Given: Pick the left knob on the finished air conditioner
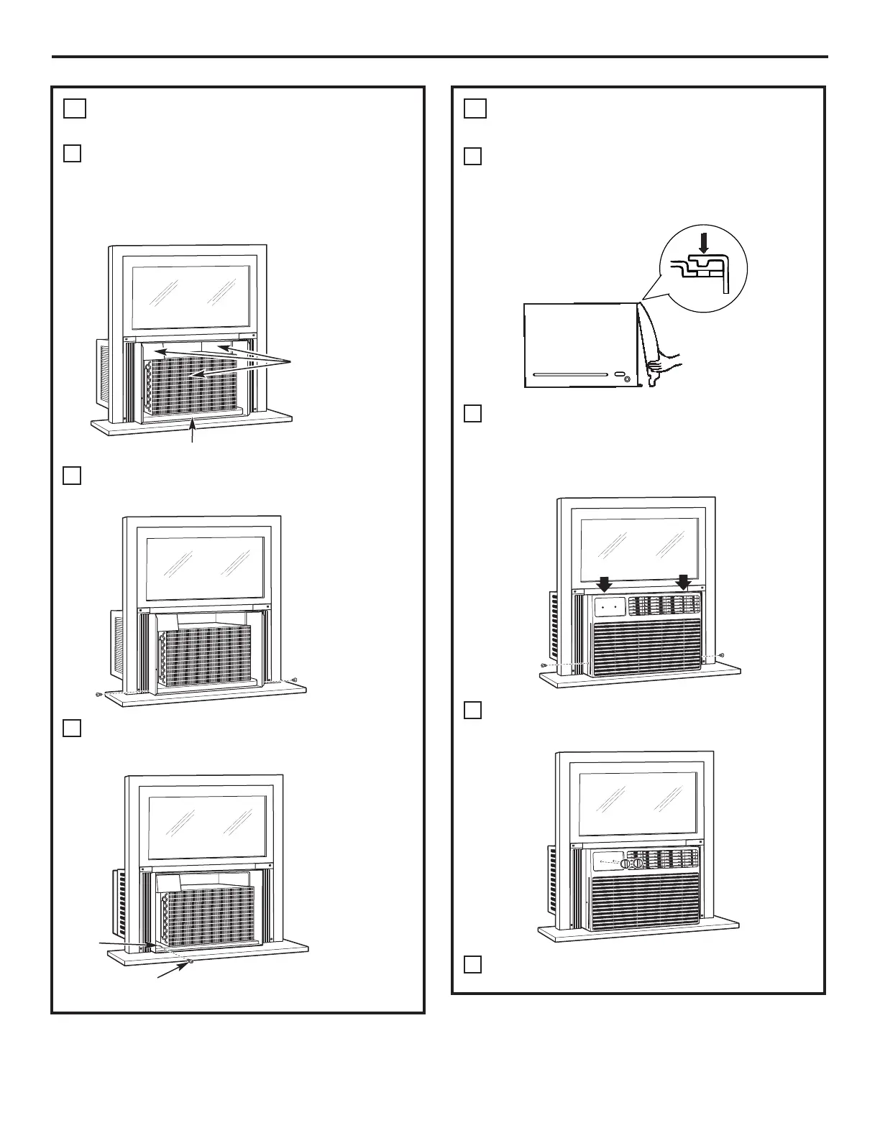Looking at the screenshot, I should [x=625, y=863].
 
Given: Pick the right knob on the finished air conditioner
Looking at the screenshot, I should [x=637, y=863].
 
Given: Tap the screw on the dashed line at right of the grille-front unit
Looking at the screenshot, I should [x=721, y=655].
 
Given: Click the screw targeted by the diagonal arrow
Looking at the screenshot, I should [x=190, y=961].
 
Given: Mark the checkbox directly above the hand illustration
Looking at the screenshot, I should [x=472, y=157].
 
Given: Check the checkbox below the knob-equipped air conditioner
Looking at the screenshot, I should [x=472, y=964].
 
